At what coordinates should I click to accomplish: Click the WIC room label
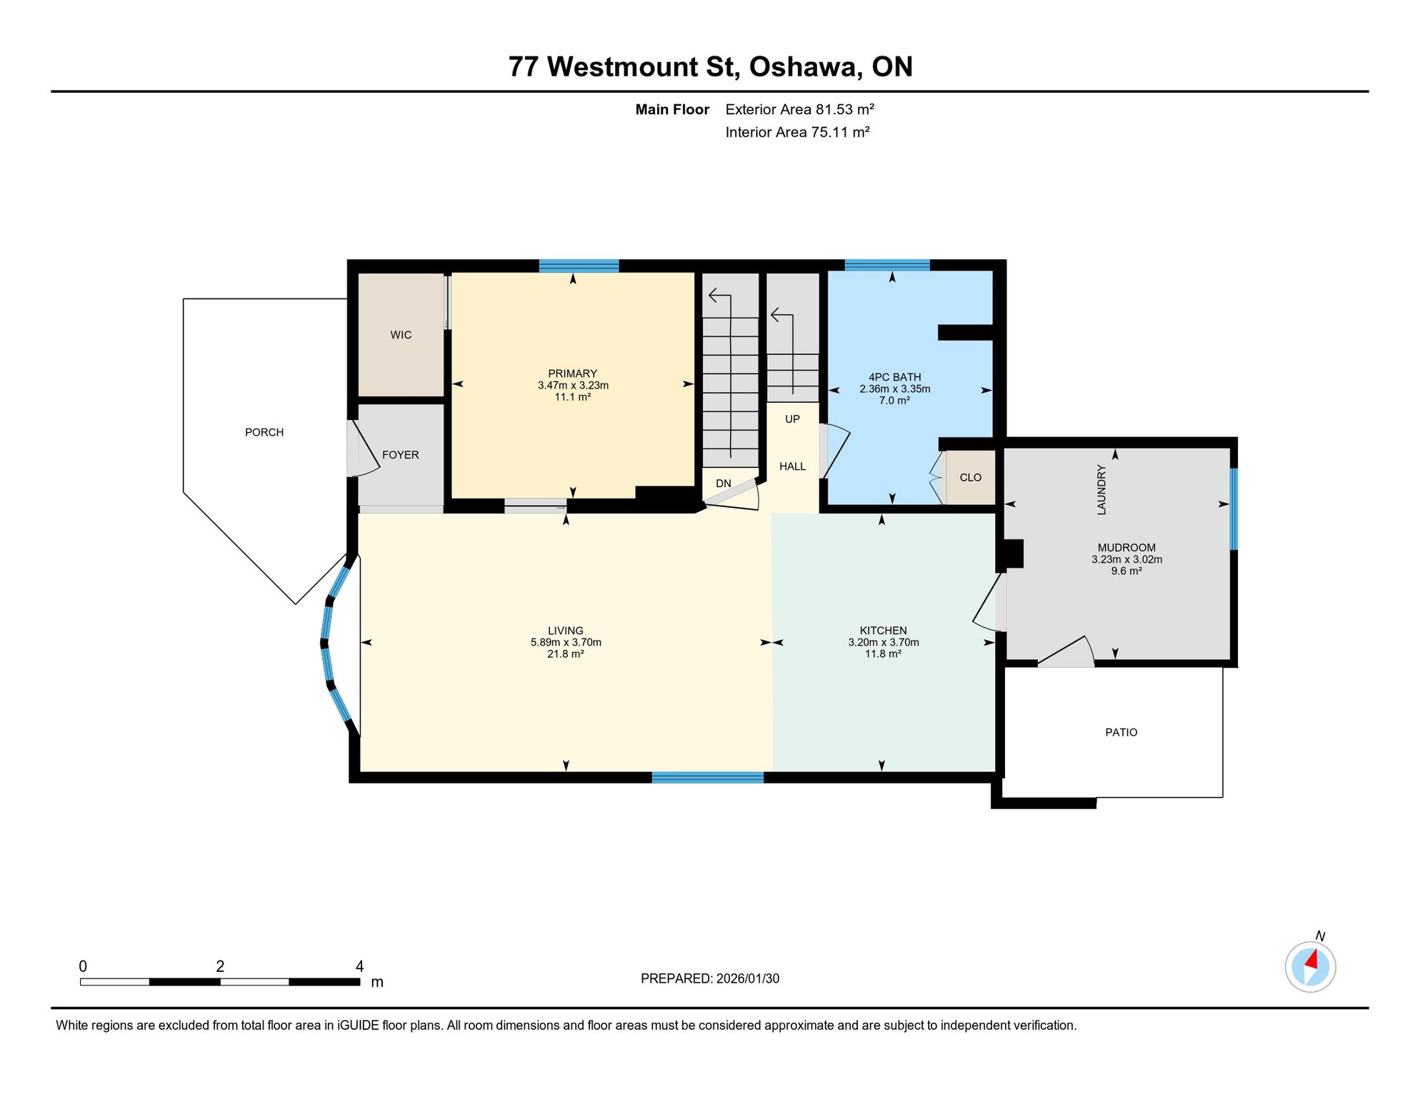tap(401, 335)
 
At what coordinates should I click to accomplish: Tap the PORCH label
tap(264, 432)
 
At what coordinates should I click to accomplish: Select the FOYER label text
tap(401, 455)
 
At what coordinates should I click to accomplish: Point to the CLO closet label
tap(971, 478)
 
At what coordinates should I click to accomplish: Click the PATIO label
tap(1121, 732)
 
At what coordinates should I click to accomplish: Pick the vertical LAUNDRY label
tap(1101, 490)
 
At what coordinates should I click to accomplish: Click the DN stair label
tap(724, 484)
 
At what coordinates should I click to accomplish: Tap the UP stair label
tap(793, 419)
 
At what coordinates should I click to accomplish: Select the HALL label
tap(793, 466)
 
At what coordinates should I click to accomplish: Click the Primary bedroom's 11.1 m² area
tap(573, 397)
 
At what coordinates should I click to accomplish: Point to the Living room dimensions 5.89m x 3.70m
tap(566, 642)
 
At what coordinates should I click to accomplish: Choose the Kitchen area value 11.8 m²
tap(884, 653)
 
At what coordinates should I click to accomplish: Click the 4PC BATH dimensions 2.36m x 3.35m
tap(895, 389)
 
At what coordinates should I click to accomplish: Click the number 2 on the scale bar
tap(220, 966)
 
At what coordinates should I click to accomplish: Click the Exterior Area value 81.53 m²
tap(845, 109)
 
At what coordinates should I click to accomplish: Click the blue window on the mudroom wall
tap(1234, 509)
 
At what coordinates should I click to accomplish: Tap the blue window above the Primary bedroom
tap(579, 266)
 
